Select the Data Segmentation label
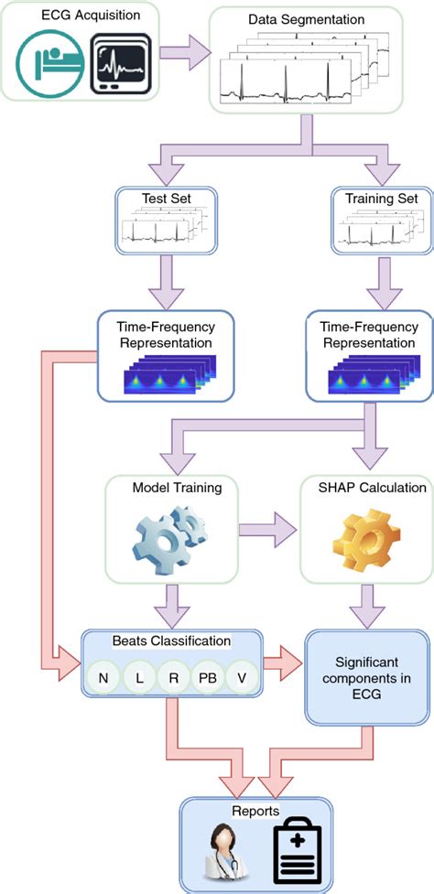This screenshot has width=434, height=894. coord(306,19)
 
